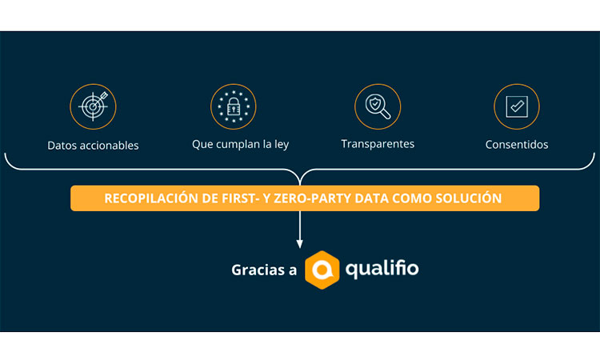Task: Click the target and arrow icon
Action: click(93, 106)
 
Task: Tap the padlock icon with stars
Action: click(234, 106)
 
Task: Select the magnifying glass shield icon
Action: click(378, 106)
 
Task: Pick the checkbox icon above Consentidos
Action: click(517, 106)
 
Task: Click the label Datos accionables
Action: click(93, 146)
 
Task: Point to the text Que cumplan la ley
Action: click(240, 145)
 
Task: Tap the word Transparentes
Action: click(378, 144)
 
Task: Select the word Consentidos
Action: click(517, 145)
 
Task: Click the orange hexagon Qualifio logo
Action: click(322, 270)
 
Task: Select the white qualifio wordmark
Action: click(382, 269)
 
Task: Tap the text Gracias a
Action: click(264, 270)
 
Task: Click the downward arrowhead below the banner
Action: click(300, 244)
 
